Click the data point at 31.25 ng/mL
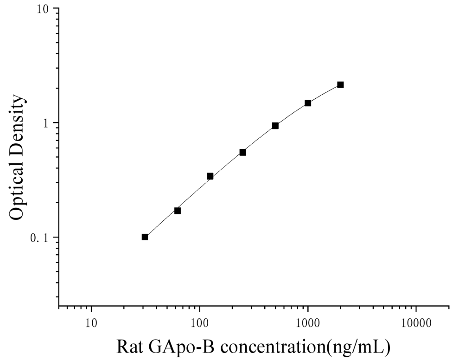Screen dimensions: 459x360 145,237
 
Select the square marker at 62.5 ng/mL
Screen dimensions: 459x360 178,211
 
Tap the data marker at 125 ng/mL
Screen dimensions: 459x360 210,176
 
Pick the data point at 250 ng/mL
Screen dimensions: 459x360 242,152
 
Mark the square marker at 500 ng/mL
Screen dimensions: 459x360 275,126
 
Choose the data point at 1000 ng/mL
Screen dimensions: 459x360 308,103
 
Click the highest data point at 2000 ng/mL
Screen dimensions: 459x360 340,84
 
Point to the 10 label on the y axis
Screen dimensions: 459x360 43,9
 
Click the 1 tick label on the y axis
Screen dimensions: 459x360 46,123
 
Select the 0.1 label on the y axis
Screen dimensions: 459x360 40,238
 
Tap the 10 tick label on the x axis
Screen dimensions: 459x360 91,323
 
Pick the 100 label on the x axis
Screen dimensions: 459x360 200,323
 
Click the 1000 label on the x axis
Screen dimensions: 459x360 308,323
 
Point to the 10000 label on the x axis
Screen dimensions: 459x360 416,323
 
